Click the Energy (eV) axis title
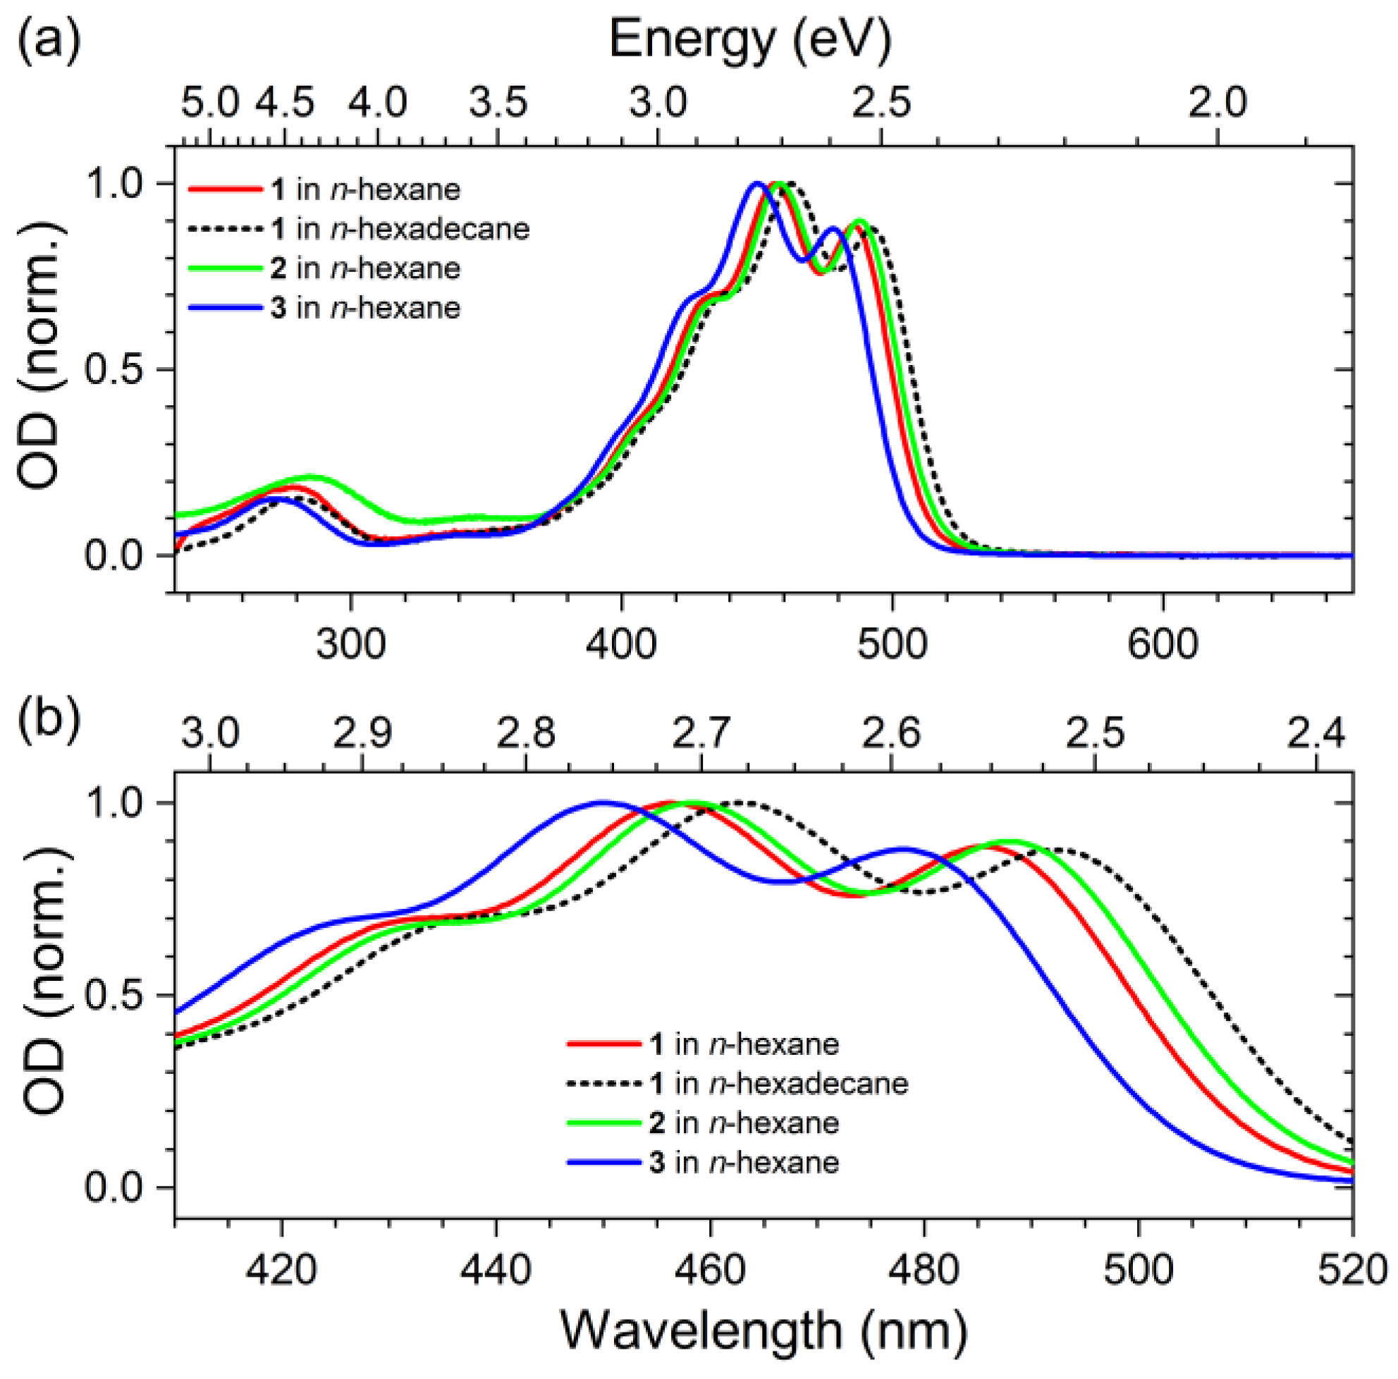tap(750, 39)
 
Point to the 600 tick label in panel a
tap(1162, 643)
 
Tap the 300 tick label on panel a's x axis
tap(351, 643)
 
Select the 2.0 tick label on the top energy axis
tap(1218, 103)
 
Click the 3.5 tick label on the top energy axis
tap(498, 103)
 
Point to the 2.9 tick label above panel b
tap(362, 734)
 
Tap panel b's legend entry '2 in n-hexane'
tap(744, 1123)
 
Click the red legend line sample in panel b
tap(603, 1044)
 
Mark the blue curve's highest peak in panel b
tap(603, 802)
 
